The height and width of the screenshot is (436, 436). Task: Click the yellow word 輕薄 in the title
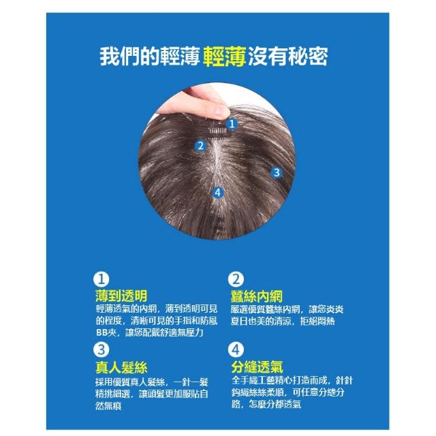click(x=225, y=57)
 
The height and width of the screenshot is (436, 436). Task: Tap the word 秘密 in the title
click(x=308, y=57)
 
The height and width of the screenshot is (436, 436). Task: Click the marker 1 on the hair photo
click(x=232, y=124)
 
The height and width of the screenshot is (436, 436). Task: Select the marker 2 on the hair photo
click(x=200, y=146)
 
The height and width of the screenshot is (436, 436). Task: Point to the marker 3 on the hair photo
click(x=276, y=172)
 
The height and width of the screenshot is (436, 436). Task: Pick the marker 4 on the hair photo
click(x=218, y=192)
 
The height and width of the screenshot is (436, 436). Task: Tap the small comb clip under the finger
click(x=217, y=129)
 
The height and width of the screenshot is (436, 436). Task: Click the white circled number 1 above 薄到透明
click(x=102, y=279)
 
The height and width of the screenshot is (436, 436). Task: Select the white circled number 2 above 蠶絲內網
click(x=236, y=279)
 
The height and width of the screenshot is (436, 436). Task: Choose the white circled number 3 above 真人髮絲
click(x=102, y=349)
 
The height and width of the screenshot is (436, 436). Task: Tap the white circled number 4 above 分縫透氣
click(x=236, y=349)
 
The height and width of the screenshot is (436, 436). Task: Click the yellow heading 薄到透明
click(x=121, y=296)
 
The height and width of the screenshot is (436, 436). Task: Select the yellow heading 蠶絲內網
click(x=256, y=296)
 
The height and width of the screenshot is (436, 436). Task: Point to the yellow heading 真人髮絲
click(x=121, y=367)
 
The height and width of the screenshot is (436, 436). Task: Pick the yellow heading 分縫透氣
click(x=258, y=367)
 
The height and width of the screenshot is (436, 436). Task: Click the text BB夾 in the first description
click(x=106, y=332)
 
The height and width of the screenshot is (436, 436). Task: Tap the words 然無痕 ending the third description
click(x=108, y=406)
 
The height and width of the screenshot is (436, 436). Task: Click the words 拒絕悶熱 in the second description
click(x=317, y=321)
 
